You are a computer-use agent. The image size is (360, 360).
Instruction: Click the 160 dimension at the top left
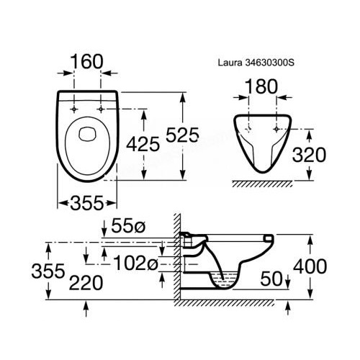tap(87, 62)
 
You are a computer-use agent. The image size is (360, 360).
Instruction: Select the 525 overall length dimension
tap(182, 135)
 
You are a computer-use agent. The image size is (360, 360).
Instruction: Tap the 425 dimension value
tap(143, 144)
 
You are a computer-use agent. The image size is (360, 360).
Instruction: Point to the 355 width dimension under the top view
tap(87, 203)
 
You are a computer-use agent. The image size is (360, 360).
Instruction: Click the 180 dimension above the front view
tap(261, 86)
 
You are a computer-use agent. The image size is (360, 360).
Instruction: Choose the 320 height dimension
tap(309, 155)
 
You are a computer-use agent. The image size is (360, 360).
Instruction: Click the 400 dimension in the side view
tap(310, 266)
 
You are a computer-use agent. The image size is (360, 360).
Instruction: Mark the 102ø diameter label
tap(135, 263)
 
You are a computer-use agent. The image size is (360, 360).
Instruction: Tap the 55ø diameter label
tap(128, 226)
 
